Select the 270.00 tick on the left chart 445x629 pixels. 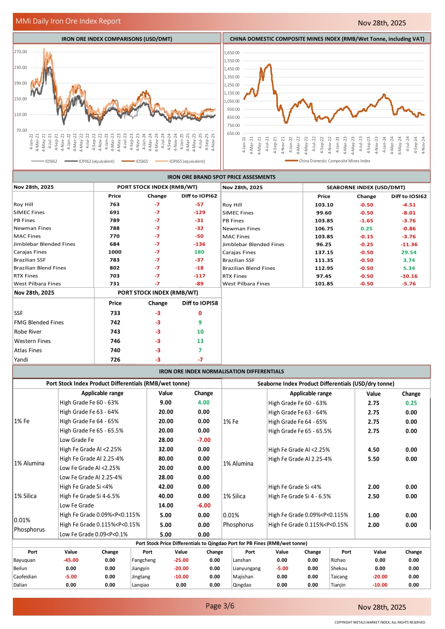20,52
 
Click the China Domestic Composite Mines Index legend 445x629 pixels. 334,161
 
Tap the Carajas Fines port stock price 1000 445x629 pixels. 114,252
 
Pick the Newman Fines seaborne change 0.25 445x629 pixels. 367,228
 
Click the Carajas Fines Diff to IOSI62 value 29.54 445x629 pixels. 410,252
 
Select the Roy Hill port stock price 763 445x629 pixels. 114,205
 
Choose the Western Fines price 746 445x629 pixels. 114,341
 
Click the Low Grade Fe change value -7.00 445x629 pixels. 204,440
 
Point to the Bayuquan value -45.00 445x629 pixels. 70,560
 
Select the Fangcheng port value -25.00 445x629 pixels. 181,560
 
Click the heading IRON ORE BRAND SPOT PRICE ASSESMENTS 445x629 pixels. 221,177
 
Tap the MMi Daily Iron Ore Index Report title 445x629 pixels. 68,22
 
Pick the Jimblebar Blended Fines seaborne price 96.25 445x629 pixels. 324,244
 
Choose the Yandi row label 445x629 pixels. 21,359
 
